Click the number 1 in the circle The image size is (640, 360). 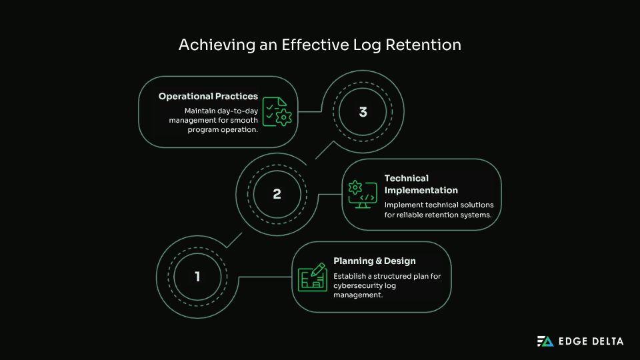click(197, 276)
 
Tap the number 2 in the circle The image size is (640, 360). click(277, 194)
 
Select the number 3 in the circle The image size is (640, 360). click(363, 112)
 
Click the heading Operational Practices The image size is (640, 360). click(208, 97)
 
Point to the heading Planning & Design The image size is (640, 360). click(374, 261)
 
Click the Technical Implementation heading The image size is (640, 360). click(421, 184)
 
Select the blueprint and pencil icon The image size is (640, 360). click(312, 277)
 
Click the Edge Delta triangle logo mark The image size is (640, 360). click(545, 341)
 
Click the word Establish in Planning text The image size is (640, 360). click(351, 276)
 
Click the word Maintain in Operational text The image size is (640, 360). click(201, 111)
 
